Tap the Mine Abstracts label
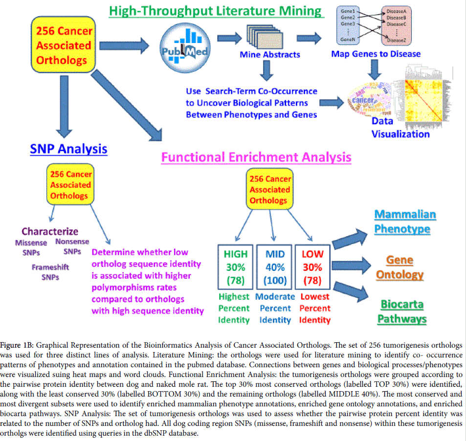click(270, 55)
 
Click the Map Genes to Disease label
click(376, 54)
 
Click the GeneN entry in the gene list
click(347, 40)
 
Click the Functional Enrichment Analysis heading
click(256, 157)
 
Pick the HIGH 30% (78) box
click(236, 267)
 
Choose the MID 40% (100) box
click(275, 267)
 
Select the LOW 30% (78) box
click(312, 267)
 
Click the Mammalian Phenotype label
click(405, 221)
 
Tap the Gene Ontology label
click(399, 267)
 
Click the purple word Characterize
click(50, 231)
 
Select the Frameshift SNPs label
click(50, 272)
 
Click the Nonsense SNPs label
click(72, 246)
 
